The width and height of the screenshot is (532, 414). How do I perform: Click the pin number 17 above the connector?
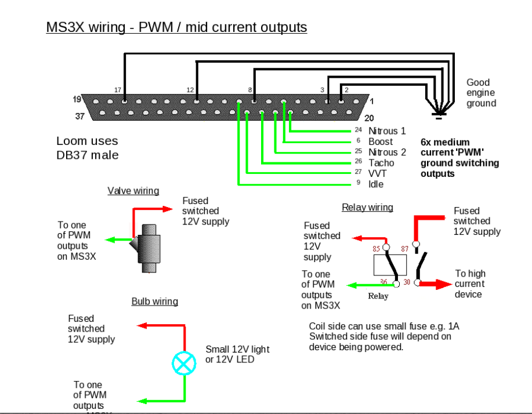[x=118, y=90]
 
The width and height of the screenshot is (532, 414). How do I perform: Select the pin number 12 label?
[x=190, y=90]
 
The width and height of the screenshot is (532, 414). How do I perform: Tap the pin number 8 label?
[x=250, y=90]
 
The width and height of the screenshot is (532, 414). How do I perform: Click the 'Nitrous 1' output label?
[x=387, y=131]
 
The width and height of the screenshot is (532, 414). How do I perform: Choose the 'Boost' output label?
[x=381, y=141]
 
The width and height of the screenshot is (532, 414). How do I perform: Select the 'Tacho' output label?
[x=381, y=163]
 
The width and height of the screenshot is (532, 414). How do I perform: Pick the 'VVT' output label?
[x=378, y=173]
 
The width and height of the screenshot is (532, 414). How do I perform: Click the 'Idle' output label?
[x=376, y=184]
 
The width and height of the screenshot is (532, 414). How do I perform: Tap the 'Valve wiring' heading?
[x=133, y=191]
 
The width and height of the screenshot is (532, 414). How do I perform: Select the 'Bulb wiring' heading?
[x=154, y=302]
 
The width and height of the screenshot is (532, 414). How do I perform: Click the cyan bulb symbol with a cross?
[x=184, y=364]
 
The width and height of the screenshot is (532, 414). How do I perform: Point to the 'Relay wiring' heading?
[x=367, y=207]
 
